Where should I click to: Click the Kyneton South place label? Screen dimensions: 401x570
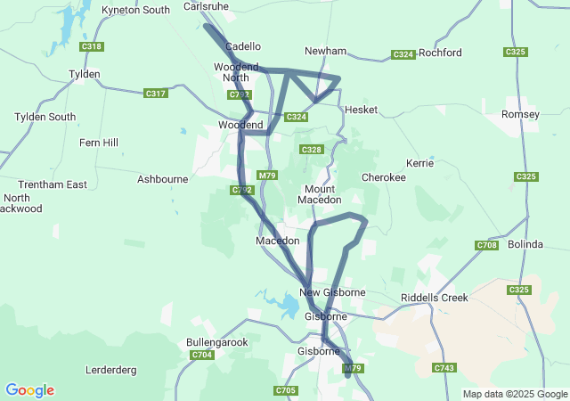pos(136,10)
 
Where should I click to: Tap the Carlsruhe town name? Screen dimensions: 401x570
pos(207,5)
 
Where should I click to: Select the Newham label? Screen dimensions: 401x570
pos(325,52)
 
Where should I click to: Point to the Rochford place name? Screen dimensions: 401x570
pos(440,53)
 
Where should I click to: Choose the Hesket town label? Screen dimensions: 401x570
pos(362,110)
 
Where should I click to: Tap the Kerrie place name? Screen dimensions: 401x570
pos(419,164)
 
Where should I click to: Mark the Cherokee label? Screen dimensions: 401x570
pos(384,178)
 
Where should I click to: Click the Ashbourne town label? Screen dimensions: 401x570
pos(162,179)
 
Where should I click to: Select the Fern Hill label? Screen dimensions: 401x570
pos(98,143)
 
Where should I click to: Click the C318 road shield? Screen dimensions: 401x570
pos(91,46)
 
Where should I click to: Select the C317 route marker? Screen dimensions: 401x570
pos(155,94)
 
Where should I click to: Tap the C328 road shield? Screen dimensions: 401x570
pos(311,150)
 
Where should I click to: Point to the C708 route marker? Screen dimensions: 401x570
pos(487,245)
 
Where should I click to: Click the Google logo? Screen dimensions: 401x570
pos(29,390)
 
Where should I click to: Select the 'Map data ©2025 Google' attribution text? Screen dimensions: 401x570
pos(515,394)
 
